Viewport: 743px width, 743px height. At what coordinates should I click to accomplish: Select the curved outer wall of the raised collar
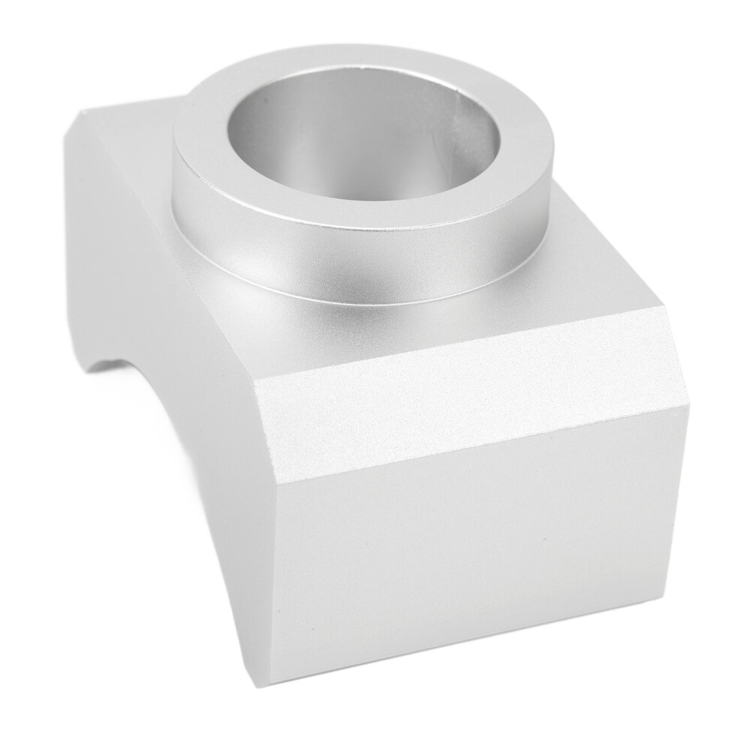(x=360, y=259)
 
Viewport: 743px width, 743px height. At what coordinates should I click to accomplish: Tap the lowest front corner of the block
(x=270, y=683)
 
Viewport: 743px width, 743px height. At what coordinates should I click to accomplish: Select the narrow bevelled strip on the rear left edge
(x=75, y=225)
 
